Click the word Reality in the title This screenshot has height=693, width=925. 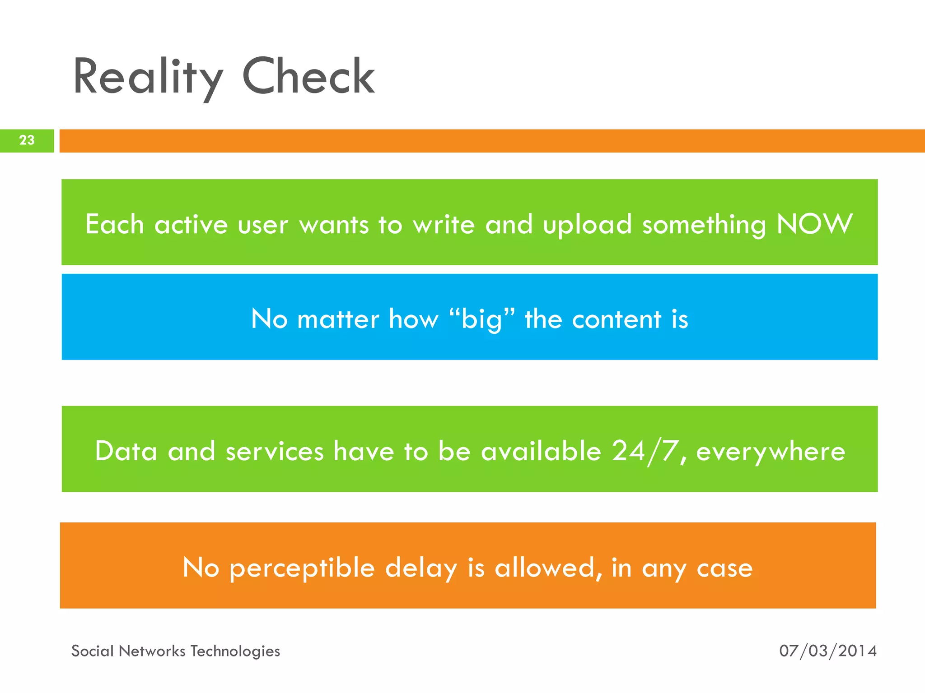147,78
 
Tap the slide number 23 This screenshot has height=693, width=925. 27,140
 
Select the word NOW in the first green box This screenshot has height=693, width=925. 814,224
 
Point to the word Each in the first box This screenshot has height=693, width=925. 114,224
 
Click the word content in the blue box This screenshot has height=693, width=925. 617,319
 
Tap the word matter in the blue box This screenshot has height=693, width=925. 338,319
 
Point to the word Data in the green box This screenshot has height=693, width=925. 126,451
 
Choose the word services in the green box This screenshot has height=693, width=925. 275,452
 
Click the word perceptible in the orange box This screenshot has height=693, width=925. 302,568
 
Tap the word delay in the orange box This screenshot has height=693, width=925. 421,568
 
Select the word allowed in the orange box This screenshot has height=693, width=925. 544,568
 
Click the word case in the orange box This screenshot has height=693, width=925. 724,568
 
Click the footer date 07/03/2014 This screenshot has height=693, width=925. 827,651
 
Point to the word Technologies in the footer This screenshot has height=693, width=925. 235,651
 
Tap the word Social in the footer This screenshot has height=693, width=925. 92,651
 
